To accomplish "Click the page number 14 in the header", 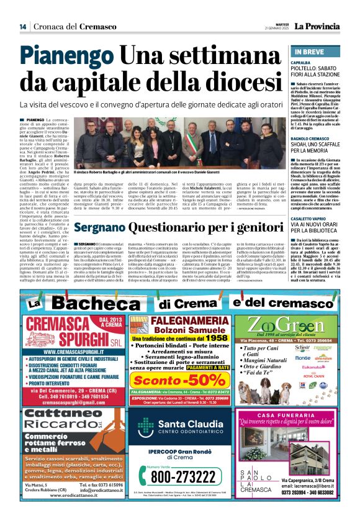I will (x=22, y=26).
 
